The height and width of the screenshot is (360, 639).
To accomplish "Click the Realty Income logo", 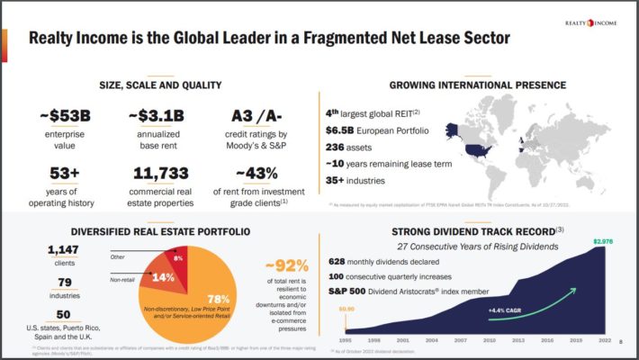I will click(x=591, y=22).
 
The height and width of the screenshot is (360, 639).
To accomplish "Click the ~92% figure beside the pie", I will click(x=287, y=265).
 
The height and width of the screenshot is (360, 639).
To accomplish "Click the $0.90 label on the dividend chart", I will click(x=347, y=308).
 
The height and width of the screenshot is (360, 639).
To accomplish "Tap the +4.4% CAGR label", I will click(x=507, y=310).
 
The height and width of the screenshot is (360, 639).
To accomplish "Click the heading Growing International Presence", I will click(x=477, y=85).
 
